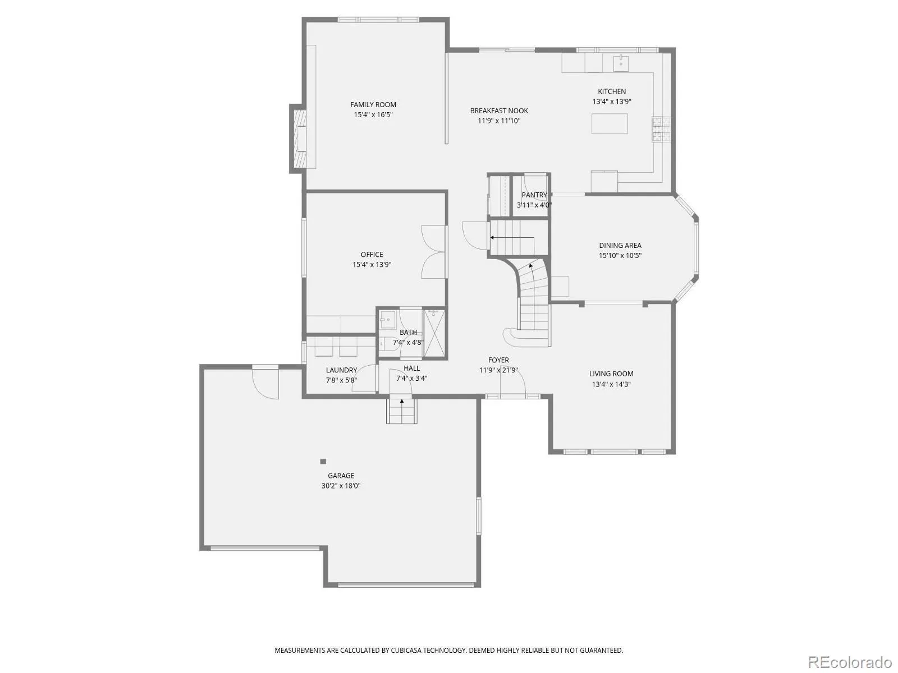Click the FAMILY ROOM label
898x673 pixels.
tap(373, 105)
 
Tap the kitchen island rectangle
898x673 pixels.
tap(609, 123)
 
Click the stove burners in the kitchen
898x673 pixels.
tap(661, 129)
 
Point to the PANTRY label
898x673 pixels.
tap(534, 195)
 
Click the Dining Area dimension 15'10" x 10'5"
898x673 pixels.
tap(620, 255)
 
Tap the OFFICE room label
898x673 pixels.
tap(372, 254)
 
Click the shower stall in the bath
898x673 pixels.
tap(434, 334)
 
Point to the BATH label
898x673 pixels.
tap(408, 332)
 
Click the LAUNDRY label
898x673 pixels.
tap(341, 370)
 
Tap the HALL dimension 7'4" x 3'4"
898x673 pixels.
tap(411, 378)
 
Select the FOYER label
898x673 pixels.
tap(498, 359)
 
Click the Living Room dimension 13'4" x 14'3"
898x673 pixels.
tap(611, 384)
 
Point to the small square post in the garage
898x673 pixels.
tap(323, 462)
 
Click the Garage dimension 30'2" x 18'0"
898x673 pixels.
tap(341, 486)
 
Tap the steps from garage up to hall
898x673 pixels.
tap(402, 411)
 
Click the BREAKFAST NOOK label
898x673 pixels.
tap(499, 110)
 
